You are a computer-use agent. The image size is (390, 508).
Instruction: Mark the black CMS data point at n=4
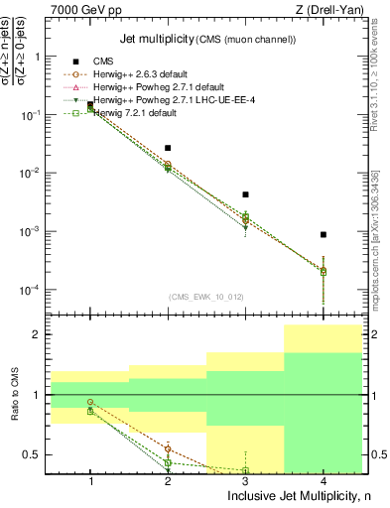click(x=324, y=235)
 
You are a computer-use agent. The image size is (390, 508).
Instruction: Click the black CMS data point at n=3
click(x=245, y=194)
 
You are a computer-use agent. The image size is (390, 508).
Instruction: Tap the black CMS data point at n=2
click(x=168, y=148)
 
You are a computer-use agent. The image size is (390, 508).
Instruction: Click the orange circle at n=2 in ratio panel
click(x=168, y=449)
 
